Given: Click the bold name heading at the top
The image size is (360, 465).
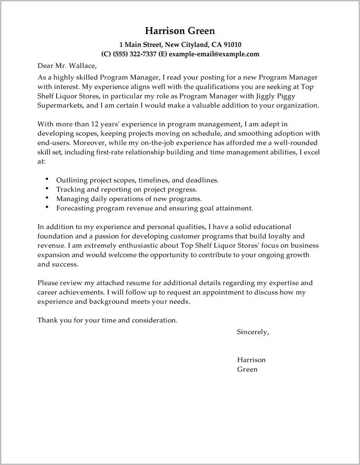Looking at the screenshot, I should [x=180, y=31].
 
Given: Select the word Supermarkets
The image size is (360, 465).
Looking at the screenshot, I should [x=59, y=106].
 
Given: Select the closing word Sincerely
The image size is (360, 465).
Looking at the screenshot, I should [x=252, y=332].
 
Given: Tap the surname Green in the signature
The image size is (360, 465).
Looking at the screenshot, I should [x=247, y=369].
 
